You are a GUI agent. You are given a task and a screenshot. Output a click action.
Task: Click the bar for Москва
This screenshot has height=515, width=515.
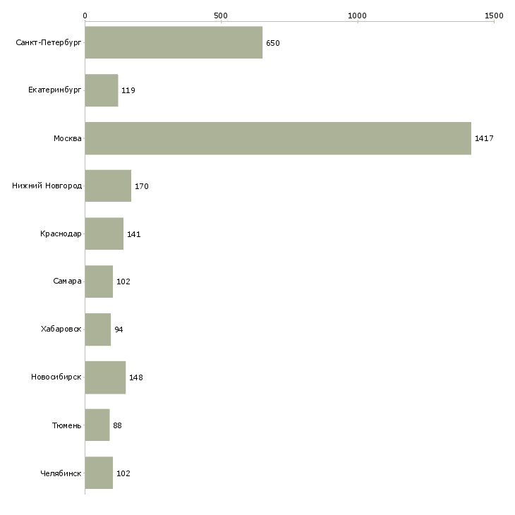(x=278, y=138)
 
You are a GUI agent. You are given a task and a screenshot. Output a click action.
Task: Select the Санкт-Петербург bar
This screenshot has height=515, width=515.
(x=174, y=43)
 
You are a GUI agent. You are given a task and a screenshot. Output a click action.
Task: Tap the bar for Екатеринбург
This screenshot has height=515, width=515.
(x=101, y=90)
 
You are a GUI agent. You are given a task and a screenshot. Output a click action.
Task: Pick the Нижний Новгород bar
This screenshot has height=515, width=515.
(x=108, y=186)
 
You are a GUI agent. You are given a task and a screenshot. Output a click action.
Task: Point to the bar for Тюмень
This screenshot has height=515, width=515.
(x=97, y=425)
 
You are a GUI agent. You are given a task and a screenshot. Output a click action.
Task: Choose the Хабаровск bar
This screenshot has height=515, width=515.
(x=98, y=329)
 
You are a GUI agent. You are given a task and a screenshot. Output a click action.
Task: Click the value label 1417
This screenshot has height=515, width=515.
(x=484, y=138)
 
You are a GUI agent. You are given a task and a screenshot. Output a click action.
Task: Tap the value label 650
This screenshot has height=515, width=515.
(x=273, y=43)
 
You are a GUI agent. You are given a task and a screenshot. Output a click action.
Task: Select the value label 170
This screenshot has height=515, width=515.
(x=142, y=186)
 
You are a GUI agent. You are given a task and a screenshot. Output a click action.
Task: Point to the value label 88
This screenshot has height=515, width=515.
(x=118, y=425)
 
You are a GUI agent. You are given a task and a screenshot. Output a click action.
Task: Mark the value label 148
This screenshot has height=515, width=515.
(x=136, y=377)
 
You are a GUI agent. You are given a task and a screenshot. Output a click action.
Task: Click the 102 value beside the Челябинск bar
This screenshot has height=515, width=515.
(x=123, y=473)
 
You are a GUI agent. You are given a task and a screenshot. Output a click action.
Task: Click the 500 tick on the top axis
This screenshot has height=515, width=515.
(x=221, y=16)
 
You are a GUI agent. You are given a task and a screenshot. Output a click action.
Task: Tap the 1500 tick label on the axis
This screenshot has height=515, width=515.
(x=494, y=16)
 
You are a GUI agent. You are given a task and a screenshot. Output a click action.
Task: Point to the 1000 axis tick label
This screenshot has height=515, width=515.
(x=358, y=16)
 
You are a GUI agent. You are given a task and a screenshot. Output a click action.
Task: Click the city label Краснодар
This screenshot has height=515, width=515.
(x=61, y=234)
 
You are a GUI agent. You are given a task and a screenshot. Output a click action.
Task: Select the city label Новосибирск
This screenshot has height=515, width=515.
(x=56, y=377)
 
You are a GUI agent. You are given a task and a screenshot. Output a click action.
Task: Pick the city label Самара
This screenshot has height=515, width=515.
(x=67, y=281)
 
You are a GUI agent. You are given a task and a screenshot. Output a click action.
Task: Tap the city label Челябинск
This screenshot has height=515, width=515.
(x=61, y=473)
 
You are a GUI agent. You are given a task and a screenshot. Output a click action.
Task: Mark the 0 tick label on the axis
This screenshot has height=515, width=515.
(x=85, y=16)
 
